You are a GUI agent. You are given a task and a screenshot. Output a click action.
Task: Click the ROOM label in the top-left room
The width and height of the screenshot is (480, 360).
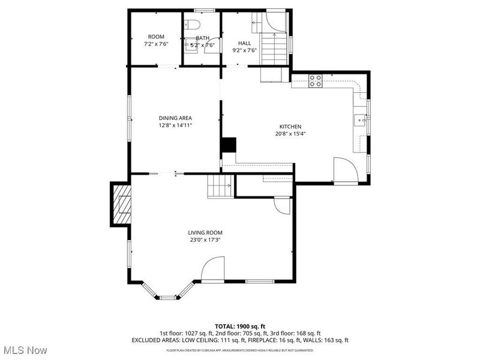(x=156, y=37)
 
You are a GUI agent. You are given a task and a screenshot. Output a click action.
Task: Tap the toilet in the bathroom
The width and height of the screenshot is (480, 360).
(x=191, y=25)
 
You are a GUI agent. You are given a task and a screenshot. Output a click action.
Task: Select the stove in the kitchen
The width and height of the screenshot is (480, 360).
(x=316, y=80)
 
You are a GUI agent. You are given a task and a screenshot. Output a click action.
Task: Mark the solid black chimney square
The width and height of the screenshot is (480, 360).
(x=229, y=146)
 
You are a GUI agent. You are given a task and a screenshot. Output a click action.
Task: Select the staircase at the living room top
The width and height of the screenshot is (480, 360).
(x=220, y=187)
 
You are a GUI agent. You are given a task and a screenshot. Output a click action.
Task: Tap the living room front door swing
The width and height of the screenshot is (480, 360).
(x=213, y=269)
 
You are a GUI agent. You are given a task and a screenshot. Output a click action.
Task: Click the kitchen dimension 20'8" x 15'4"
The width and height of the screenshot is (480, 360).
(x=290, y=134)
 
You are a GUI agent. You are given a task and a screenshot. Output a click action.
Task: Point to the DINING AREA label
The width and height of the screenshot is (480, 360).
(x=175, y=118)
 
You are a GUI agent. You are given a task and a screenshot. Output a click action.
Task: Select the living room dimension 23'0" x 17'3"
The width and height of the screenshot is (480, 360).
(x=205, y=240)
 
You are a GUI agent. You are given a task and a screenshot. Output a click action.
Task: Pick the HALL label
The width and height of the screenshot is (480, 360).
(x=245, y=43)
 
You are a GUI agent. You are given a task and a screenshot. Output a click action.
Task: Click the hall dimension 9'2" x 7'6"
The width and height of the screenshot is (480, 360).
(x=245, y=50)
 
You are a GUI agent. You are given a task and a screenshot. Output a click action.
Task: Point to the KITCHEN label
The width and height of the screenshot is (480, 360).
(x=290, y=126)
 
